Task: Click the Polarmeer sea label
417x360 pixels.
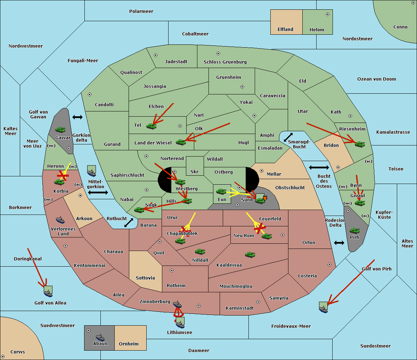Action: click(x=141, y=11)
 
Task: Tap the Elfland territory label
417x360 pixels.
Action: click(x=285, y=30)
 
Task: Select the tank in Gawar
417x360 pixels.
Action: click(x=60, y=129)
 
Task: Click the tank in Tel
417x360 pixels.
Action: click(x=152, y=126)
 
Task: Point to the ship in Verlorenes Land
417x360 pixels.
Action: click(x=60, y=220)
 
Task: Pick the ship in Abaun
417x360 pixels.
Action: click(x=100, y=337)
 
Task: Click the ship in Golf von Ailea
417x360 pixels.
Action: click(x=48, y=293)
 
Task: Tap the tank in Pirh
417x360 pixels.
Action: click(x=355, y=231)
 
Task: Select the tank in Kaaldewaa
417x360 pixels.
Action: click(x=250, y=255)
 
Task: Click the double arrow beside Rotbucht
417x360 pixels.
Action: click(x=129, y=223)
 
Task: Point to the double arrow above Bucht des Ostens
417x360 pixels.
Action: click(x=319, y=168)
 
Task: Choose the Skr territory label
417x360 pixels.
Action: click(x=195, y=172)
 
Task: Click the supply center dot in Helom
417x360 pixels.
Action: click(x=327, y=14)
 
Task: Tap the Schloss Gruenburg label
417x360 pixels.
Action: click(x=225, y=62)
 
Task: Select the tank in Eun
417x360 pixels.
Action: click(x=221, y=191)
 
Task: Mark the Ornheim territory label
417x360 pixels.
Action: click(x=129, y=344)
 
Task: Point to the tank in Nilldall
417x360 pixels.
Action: click(x=200, y=252)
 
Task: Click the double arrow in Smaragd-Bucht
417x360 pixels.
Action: click(x=288, y=137)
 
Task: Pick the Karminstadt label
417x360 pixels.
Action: click(x=240, y=308)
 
